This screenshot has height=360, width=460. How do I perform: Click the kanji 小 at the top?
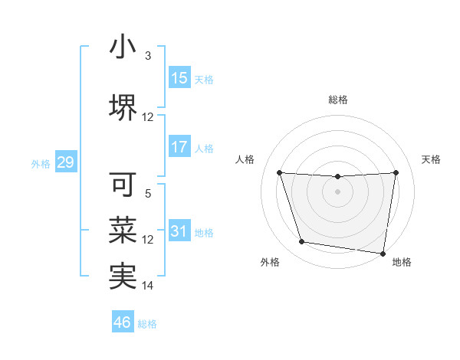click(123, 47)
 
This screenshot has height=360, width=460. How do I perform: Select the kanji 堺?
click(123, 108)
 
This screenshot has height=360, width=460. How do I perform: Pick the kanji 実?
click(123, 276)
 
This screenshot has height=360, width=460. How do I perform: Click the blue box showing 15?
click(179, 78)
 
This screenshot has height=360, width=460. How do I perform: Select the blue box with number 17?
click(179, 147)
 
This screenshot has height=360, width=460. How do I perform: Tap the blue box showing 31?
click(179, 231)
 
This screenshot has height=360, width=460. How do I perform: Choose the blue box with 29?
click(65, 162)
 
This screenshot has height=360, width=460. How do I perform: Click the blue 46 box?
click(123, 322)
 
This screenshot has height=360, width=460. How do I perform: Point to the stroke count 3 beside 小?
click(148, 56)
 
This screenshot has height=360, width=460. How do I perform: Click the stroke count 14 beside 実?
click(148, 286)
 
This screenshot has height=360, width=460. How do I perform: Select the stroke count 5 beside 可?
click(148, 194)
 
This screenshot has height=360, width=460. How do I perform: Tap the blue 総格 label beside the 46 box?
click(147, 324)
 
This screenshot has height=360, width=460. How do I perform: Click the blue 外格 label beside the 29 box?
click(41, 163)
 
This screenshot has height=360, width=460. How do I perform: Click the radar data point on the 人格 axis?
click(279, 172)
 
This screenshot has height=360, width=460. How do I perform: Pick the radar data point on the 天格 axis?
click(396, 172)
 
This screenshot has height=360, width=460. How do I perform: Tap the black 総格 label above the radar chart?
click(338, 100)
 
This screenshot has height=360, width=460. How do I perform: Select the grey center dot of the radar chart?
click(337, 191)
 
